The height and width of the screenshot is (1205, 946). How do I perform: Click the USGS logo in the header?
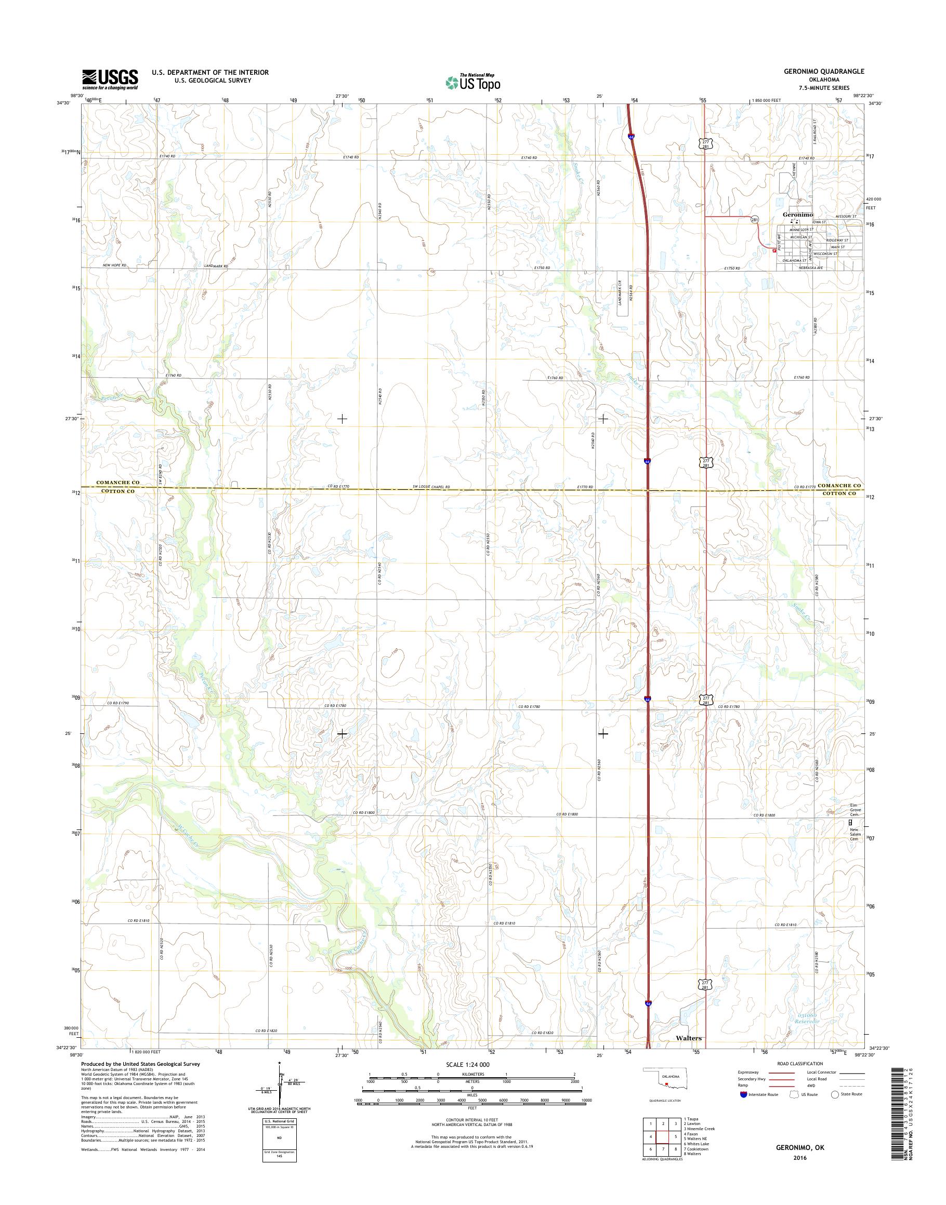tap(110, 79)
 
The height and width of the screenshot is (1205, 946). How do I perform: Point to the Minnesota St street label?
tap(802, 229)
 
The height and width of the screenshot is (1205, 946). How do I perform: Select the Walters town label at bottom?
tap(689, 1038)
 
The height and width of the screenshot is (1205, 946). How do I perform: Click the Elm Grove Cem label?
tap(856, 810)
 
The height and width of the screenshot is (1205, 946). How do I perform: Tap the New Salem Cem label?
tap(856, 834)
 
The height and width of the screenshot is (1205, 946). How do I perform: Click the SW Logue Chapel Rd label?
tap(431, 487)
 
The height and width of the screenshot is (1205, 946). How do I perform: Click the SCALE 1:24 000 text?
tap(468, 1064)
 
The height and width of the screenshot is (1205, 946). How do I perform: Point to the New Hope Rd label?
tap(115, 266)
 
